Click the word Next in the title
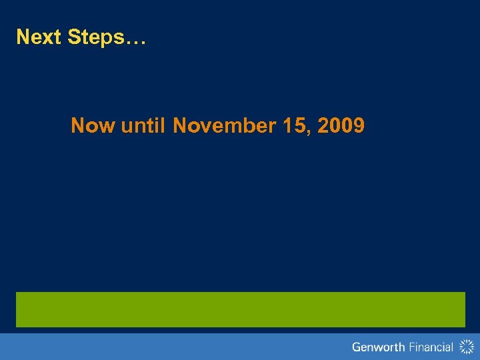pyautogui.click(x=39, y=37)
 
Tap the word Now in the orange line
pyautogui.click(x=93, y=125)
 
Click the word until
pyautogui.click(x=143, y=125)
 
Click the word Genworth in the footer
pyautogui.click(x=378, y=347)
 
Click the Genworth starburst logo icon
pyautogui.click(x=466, y=346)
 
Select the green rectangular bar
pyautogui.click(x=240, y=309)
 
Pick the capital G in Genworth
pyautogui.click(x=357, y=347)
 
